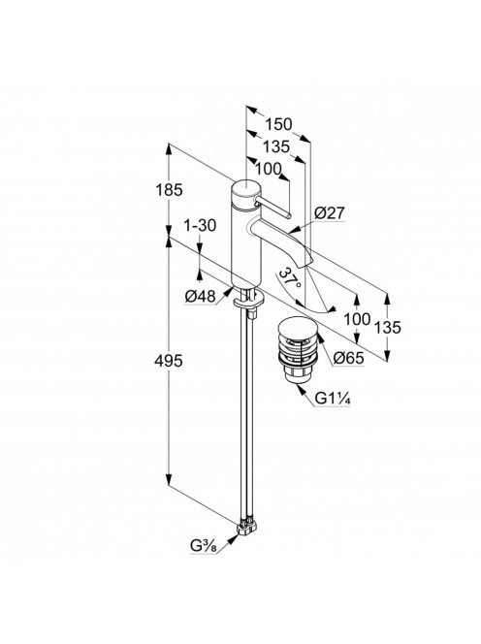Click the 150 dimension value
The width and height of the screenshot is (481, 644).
pyautogui.click(x=278, y=124)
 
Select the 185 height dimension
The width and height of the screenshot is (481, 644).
pyautogui.click(x=169, y=190)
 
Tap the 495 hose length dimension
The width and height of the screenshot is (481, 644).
pyautogui.click(x=169, y=361)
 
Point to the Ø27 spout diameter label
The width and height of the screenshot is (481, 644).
pyautogui.click(x=330, y=212)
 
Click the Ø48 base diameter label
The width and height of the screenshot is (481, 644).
pyautogui.click(x=201, y=296)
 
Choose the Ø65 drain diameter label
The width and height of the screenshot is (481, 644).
pyautogui.click(x=348, y=358)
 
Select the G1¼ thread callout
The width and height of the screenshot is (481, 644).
pyautogui.click(x=333, y=398)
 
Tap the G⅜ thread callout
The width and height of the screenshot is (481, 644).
pyautogui.click(x=203, y=546)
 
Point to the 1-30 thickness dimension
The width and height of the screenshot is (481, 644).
pyautogui.click(x=200, y=225)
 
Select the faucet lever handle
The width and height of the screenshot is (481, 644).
pyautogui.click(x=273, y=209)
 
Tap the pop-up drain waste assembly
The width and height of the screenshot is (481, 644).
pyautogui.click(x=298, y=349)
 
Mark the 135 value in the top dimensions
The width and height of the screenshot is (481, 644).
pyautogui.click(x=276, y=146)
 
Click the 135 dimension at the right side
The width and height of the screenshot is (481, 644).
pyautogui.click(x=387, y=328)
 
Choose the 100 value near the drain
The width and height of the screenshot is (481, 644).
pyautogui.click(x=357, y=318)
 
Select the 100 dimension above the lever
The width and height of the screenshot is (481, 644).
pyautogui.click(x=269, y=169)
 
